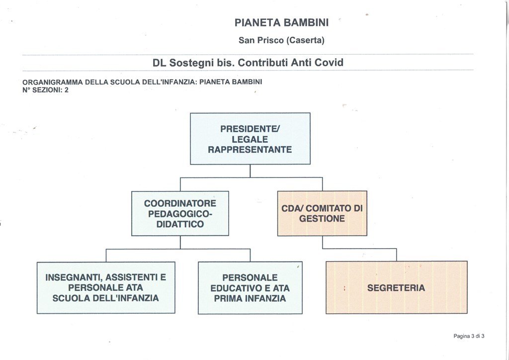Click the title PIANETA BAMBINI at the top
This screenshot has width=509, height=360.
click(x=281, y=23)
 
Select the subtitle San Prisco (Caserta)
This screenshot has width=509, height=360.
click(x=281, y=40)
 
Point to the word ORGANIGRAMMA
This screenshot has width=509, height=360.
click(x=52, y=82)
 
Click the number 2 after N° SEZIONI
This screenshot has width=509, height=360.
click(x=67, y=90)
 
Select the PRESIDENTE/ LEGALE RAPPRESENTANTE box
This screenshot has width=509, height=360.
click(x=250, y=139)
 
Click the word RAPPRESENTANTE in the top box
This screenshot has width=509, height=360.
click(x=250, y=150)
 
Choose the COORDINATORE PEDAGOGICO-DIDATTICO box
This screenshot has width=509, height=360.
click(x=180, y=213)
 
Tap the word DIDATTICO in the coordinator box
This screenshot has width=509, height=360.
click(x=180, y=224)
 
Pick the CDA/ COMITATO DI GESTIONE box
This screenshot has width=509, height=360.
click(x=322, y=213)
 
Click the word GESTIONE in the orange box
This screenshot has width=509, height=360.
click(x=322, y=218)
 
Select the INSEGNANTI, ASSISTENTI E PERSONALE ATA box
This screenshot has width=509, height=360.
click(x=106, y=287)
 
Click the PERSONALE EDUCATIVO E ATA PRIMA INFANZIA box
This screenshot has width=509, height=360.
click(x=250, y=288)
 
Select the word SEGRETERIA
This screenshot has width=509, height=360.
click(x=396, y=288)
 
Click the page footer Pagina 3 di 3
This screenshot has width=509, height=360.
click(x=469, y=336)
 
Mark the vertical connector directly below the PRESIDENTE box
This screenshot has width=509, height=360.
click(x=250, y=171)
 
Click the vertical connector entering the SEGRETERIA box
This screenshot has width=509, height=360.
click(x=396, y=255)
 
